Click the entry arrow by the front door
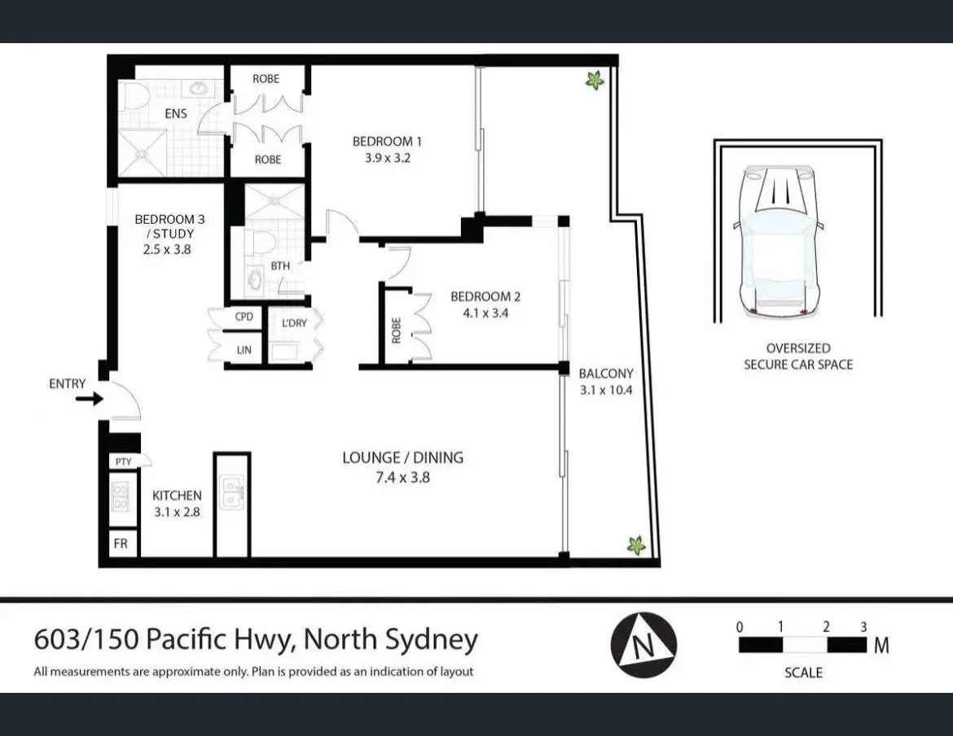89,399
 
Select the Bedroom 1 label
387,142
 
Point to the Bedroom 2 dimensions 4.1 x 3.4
480,313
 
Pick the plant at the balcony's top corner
595,80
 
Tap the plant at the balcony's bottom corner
636,545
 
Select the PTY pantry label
123,462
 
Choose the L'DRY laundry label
294,323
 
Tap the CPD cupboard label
244,317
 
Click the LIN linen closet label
244,350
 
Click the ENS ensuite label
175,114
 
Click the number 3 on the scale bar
864,627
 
